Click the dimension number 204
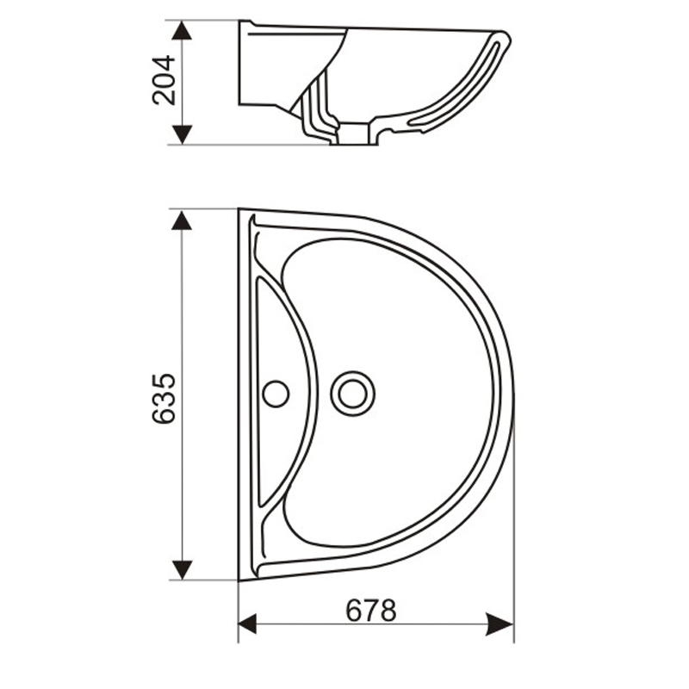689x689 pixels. (x=164, y=80)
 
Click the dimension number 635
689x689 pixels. (x=164, y=398)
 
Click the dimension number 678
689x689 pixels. (x=371, y=611)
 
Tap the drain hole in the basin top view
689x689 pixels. (x=352, y=393)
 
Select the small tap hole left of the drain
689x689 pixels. (x=276, y=394)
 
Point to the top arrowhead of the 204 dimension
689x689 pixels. (x=181, y=31)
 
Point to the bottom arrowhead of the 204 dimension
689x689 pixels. (x=181, y=134)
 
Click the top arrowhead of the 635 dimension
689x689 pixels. (x=181, y=220)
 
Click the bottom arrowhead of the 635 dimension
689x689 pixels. (x=181, y=568)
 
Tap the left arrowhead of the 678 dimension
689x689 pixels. (x=249, y=624)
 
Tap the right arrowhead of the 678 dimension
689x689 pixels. (x=501, y=624)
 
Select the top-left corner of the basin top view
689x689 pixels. (x=240, y=209)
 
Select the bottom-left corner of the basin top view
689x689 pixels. (x=240, y=580)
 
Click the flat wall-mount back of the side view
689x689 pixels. (x=240, y=65)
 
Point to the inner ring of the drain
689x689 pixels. (x=352, y=393)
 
